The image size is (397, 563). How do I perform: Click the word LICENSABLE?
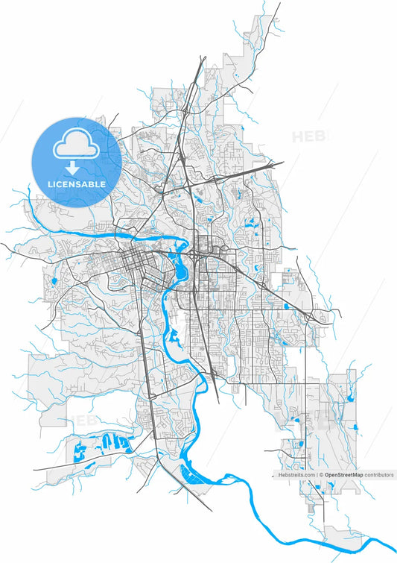[x=77, y=183]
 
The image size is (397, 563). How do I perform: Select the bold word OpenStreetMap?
[x=343, y=474]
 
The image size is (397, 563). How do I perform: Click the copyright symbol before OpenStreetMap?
[x=321, y=474]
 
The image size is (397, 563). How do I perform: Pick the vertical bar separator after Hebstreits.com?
[x=316, y=474]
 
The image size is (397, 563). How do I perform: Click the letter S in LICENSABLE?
[x=83, y=183]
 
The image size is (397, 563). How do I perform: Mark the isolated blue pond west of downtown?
[x=54, y=282]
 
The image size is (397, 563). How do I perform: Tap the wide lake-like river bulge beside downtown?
[x=180, y=262]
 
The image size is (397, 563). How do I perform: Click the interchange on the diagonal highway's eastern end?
[x=322, y=318]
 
